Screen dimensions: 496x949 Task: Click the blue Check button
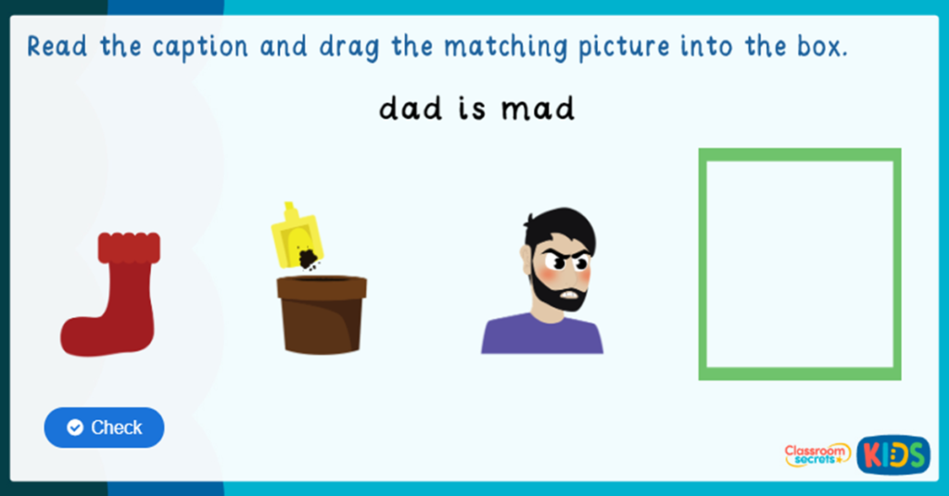point(104,427)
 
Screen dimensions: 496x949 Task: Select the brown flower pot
point(322,315)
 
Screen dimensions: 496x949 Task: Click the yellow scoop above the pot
point(295,235)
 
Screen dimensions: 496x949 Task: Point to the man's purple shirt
point(542,335)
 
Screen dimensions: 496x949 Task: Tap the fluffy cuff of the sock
point(129,247)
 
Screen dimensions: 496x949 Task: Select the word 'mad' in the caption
point(538,109)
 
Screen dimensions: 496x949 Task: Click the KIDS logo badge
point(893,454)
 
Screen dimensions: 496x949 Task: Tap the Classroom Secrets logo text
point(817,454)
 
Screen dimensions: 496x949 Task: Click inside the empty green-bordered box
point(800,264)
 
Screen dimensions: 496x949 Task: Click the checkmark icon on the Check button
point(75,427)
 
